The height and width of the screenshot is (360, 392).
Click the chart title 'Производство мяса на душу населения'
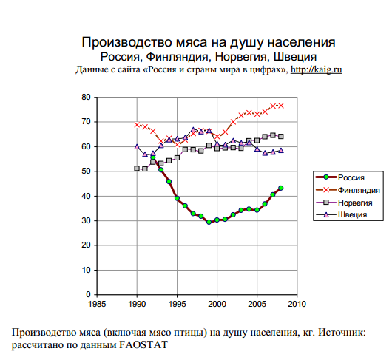point(209,42)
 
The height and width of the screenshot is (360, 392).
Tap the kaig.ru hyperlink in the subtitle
point(317,69)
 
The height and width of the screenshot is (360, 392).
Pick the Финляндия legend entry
point(348,190)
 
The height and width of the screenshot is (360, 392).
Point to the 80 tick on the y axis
point(86,97)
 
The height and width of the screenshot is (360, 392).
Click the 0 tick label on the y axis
point(88,294)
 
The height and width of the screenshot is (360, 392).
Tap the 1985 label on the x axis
point(97,304)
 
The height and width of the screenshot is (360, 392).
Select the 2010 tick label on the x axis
point(297,304)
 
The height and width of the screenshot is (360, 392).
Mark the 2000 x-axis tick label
point(217,304)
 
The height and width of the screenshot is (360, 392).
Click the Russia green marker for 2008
point(281,188)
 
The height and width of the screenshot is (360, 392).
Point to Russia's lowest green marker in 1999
point(209,222)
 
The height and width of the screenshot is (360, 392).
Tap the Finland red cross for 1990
point(137,124)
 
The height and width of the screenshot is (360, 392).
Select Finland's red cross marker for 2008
point(281,106)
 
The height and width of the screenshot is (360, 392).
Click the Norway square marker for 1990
point(137,169)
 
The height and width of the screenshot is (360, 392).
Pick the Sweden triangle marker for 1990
point(137,146)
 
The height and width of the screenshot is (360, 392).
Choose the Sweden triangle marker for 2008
point(281,150)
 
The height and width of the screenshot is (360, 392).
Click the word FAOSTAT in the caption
point(143,345)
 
